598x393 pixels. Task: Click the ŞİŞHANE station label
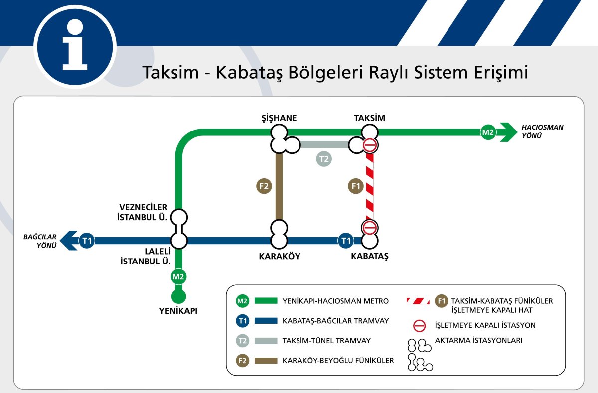pos(279,118)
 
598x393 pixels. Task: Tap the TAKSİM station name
pos(369,118)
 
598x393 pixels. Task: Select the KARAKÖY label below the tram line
pos(279,257)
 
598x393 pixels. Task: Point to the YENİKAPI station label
pos(178,311)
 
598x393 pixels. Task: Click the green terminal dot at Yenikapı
pos(178,297)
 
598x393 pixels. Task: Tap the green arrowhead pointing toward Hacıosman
pos(509,132)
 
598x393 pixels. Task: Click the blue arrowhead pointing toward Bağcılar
pos(68,241)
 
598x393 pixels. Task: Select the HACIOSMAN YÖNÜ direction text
pos(542,131)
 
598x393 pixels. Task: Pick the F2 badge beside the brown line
pos(264,187)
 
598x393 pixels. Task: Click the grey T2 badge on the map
pos(324,159)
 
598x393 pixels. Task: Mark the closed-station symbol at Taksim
pos(369,145)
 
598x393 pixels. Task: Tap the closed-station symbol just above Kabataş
pos(369,228)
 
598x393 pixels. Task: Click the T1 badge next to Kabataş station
pos(345,241)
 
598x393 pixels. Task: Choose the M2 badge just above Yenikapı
pos(178,276)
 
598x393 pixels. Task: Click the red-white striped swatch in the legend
pos(418,301)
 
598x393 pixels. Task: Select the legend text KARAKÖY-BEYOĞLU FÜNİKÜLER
pos(338,360)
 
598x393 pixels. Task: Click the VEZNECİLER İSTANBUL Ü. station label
pos(143,212)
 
